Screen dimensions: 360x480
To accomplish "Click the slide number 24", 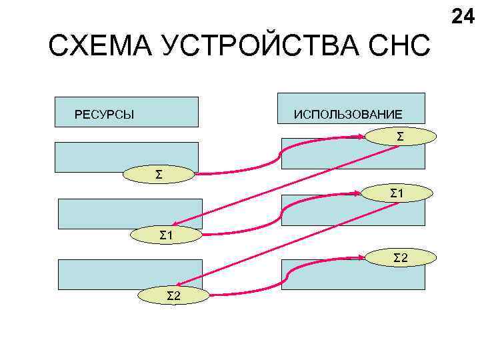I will [463, 16].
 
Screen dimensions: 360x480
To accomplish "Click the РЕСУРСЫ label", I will [104, 115].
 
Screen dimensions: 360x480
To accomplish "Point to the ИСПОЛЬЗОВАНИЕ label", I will [348, 115].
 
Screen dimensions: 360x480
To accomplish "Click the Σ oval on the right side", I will [399, 137].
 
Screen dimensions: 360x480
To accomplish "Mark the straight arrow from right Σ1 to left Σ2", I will [287, 243].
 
